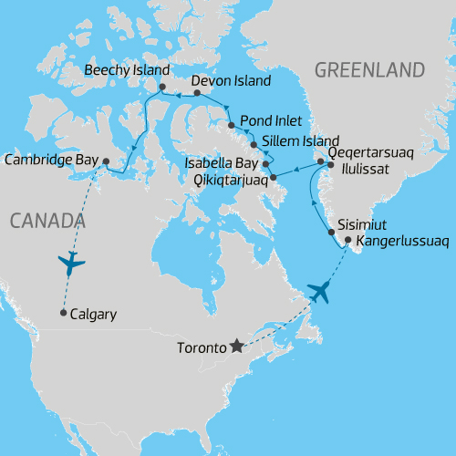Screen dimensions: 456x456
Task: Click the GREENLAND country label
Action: point(370,71)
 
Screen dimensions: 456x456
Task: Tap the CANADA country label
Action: point(46,220)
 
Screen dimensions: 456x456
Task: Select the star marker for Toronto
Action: point(237,346)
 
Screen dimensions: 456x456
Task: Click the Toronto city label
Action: point(198,347)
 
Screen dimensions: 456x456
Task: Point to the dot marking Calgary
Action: point(62,314)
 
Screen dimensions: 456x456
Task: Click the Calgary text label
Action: point(93,315)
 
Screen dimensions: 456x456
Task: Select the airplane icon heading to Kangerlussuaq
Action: point(318,292)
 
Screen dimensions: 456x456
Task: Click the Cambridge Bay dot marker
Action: point(106,161)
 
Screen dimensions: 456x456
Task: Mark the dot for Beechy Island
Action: point(161,88)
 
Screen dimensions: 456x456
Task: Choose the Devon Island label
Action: point(232,81)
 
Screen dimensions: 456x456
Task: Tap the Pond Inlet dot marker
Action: point(231,125)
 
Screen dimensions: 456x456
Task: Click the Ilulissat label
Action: point(368,170)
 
